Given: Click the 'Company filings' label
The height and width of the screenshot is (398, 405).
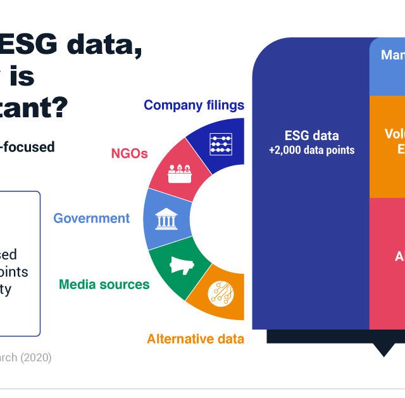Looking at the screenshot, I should [x=194, y=105].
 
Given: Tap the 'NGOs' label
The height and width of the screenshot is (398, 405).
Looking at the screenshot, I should [x=129, y=153].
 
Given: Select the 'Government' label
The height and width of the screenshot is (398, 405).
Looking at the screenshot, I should [x=91, y=219].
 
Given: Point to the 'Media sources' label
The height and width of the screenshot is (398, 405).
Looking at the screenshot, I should [x=104, y=284].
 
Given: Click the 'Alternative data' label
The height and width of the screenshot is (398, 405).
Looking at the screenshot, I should [x=195, y=339].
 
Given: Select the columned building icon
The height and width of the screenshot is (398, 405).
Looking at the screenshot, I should [x=166, y=219].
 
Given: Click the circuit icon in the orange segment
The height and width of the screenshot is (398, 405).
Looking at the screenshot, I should [x=221, y=292].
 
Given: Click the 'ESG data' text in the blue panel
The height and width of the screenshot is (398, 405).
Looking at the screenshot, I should [x=311, y=136].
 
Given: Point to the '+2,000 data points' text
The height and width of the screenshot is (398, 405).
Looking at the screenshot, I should [x=311, y=150].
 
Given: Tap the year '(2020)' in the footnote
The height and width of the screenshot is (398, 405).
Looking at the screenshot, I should [x=36, y=357].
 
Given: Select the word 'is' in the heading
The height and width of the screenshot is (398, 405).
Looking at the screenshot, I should [x=21, y=77].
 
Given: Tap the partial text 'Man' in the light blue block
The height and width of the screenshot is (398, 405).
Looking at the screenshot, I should [x=392, y=56].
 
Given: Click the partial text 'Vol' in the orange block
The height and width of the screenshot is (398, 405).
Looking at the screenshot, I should [x=394, y=134].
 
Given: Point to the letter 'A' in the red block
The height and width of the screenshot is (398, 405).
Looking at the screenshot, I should [x=400, y=257].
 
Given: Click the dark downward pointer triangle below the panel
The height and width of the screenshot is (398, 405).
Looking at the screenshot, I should [x=383, y=350].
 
